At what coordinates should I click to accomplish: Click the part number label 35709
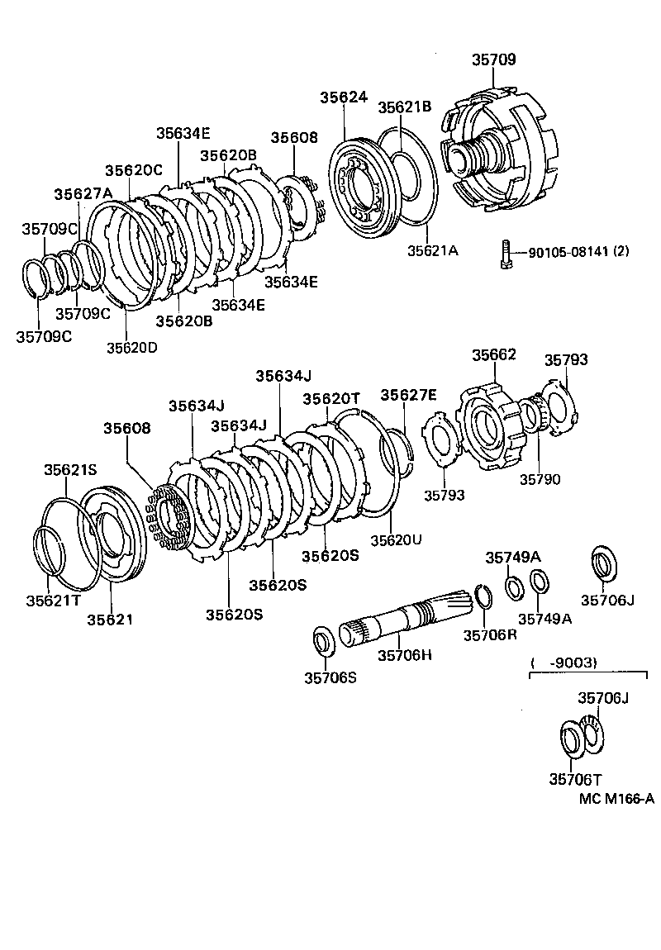click(493, 59)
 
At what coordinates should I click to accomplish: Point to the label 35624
click(343, 97)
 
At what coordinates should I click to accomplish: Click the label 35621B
click(405, 107)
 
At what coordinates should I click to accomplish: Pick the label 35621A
click(431, 249)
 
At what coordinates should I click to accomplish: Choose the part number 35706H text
click(406, 655)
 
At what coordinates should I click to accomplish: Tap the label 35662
click(494, 355)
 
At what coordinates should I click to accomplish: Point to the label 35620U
click(396, 539)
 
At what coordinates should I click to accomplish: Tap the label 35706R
click(490, 634)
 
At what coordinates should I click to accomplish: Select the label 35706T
click(576, 778)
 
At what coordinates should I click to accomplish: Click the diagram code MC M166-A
click(616, 798)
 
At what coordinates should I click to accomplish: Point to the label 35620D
click(131, 347)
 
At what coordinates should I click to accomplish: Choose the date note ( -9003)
click(564, 663)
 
